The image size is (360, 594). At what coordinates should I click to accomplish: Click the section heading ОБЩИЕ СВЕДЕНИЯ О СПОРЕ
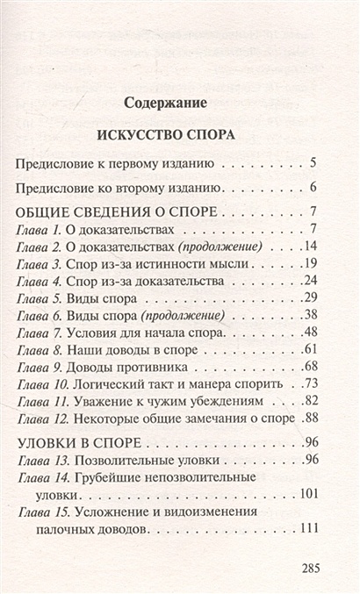pyautogui.click(x=110, y=212)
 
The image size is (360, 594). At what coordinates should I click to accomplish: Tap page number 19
pyautogui.click(x=308, y=263)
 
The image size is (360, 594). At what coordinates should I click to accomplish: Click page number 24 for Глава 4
pyautogui.click(x=308, y=281)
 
